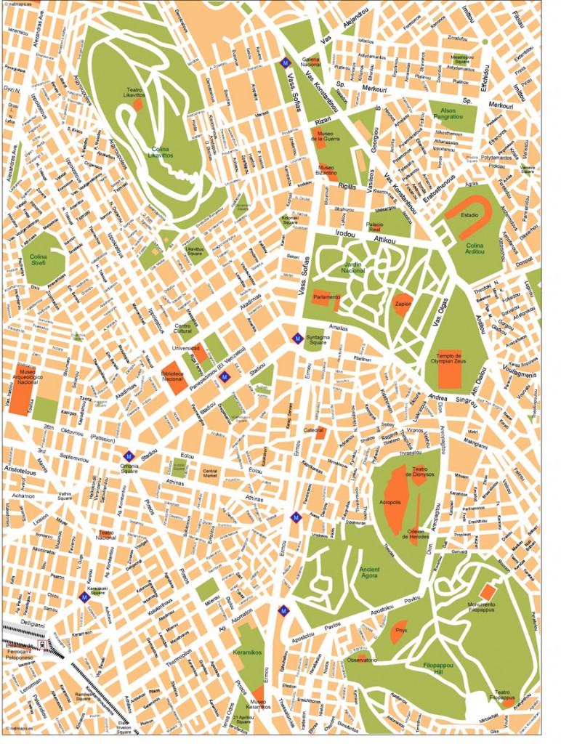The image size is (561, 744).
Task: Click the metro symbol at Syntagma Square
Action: point(297,338)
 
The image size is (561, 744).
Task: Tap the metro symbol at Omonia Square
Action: point(128,457)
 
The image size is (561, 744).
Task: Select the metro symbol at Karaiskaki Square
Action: point(84,597)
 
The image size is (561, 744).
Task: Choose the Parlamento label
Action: point(326,297)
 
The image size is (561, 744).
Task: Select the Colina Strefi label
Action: point(39,259)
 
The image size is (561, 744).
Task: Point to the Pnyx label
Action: point(399,631)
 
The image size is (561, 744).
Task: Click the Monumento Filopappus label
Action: point(482,608)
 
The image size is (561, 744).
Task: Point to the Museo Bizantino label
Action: point(326,170)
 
